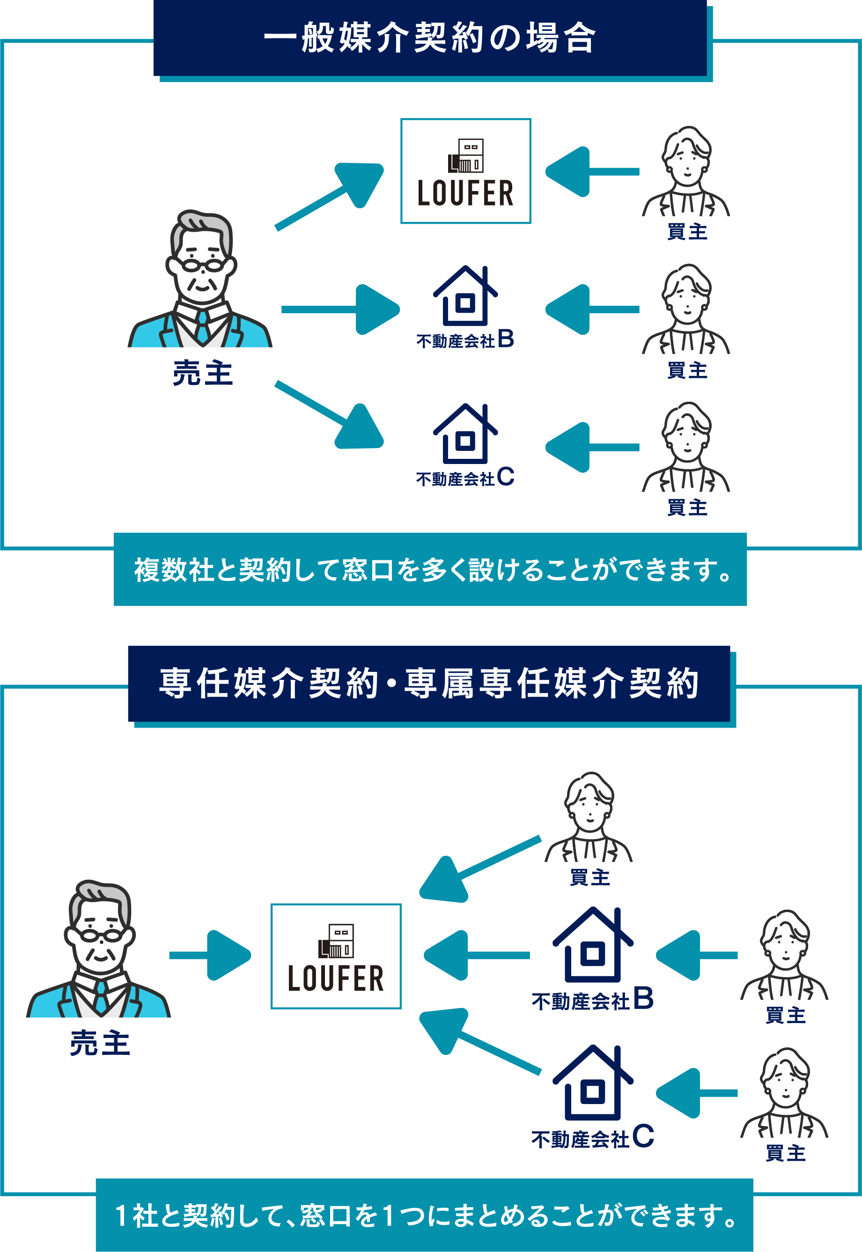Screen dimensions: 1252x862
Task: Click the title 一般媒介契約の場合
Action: click(x=430, y=38)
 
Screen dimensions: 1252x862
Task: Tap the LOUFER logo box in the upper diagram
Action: click(x=465, y=171)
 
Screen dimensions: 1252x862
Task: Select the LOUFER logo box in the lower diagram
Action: click(x=336, y=956)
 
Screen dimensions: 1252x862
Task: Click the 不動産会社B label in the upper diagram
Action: click(x=465, y=340)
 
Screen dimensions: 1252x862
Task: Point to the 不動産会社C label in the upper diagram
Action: click(x=465, y=478)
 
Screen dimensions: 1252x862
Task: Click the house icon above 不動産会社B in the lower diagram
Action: click(x=592, y=945)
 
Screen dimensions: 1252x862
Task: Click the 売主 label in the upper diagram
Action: click(x=203, y=373)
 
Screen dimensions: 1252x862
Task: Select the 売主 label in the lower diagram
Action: click(x=100, y=1043)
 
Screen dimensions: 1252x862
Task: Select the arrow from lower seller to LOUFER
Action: click(x=211, y=955)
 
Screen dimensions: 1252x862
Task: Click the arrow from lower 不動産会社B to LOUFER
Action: click(x=475, y=955)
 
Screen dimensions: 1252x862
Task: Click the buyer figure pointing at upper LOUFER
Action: click(x=686, y=173)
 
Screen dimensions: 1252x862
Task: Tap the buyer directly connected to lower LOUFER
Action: click(x=589, y=818)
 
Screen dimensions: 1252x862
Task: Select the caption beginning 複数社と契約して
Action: click(x=430, y=569)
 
